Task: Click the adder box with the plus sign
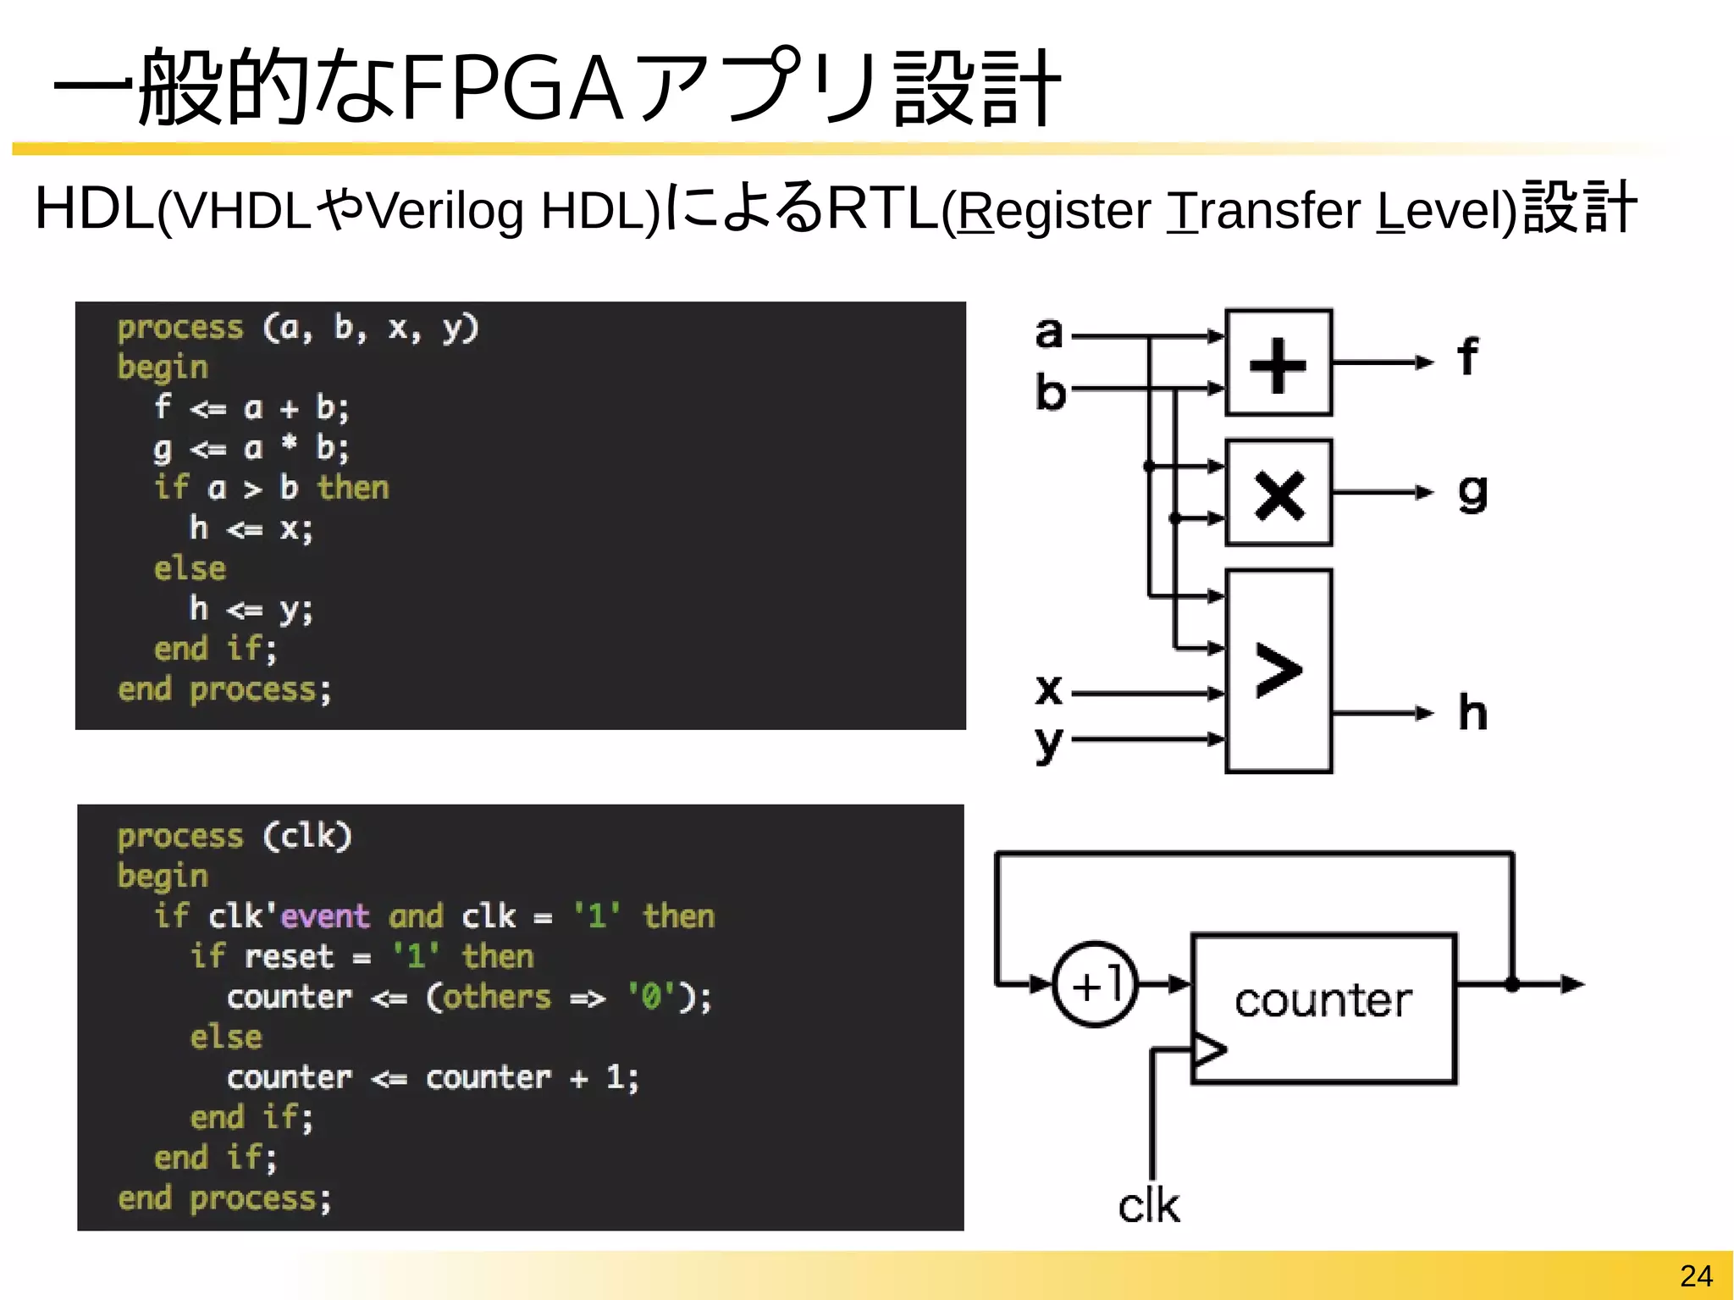pyautogui.click(x=1278, y=362)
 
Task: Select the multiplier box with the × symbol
pyautogui.click(x=1278, y=493)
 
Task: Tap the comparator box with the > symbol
pyautogui.click(x=1278, y=671)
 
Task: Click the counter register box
pyautogui.click(x=1323, y=1008)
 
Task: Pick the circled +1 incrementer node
pyautogui.click(x=1096, y=984)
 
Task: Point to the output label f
pyautogui.click(x=1467, y=357)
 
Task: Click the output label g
pyautogui.click(x=1472, y=492)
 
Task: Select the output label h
pyautogui.click(x=1472, y=713)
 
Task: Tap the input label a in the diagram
pyautogui.click(x=1048, y=333)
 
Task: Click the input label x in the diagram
pyautogui.click(x=1048, y=689)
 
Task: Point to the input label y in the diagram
pyautogui.click(x=1048, y=743)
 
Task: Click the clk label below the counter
pyautogui.click(x=1148, y=1205)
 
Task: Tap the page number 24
pyautogui.click(x=1696, y=1275)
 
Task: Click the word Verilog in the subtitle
pyautogui.click(x=445, y=211)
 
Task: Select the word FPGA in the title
pyautogui.click(x=512, y=87)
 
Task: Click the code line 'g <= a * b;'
pyautogui.click(x=251, y=447)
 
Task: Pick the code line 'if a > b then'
pyautogui.click(x=271, y=488)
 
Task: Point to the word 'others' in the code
pyautogui.click(x=497, y=997)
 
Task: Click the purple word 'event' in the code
pyautogui.click(x=325, y=916)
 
